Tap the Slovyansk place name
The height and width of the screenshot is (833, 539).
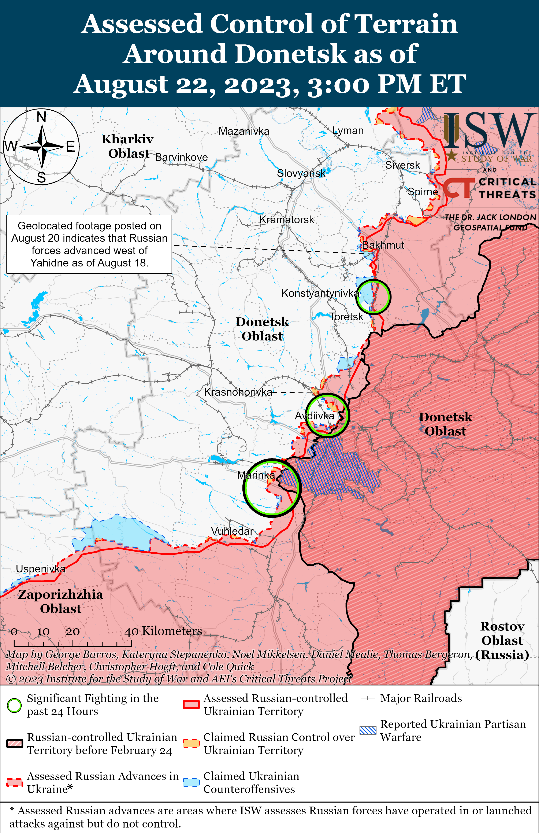pos(301,173)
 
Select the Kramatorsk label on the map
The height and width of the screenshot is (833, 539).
pos(287,220)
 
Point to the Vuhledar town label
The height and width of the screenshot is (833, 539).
pos(232,531)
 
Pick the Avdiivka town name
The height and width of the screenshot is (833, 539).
pos(315,416)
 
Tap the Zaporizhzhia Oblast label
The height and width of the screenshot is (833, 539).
pos(60,601)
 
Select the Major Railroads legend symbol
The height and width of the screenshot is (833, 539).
pos(368,698)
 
